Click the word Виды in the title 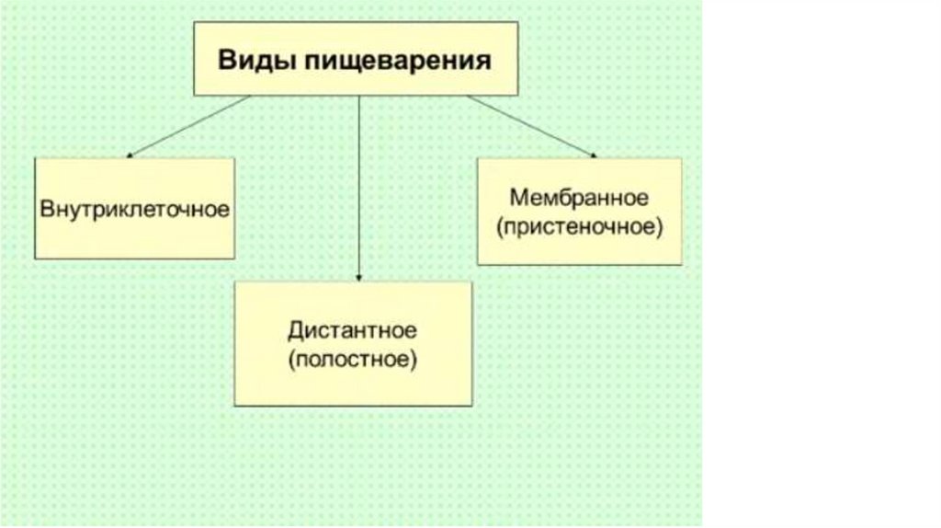pyautogui.click(x=247, y=62)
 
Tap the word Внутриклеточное pyautogui.click(x=134, y=208)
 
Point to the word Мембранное pyautogui.click(x=579, y=198)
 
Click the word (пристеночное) pyautogui.click(x=579, y=226)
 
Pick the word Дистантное pyautogui.click(x=352, y=329)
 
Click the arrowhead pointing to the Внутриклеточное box pyautogui.click(x=129, y=154)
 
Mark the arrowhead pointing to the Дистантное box pyautogui.click(x=358, y=275)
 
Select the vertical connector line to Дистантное pyautogui.click(x=358, y=184)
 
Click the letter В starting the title pyautogui.click(x=225, y=62)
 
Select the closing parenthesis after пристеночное pyautogui.click(x=659, y=226)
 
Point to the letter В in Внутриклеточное pyautogui.click(x=46, y=208)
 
